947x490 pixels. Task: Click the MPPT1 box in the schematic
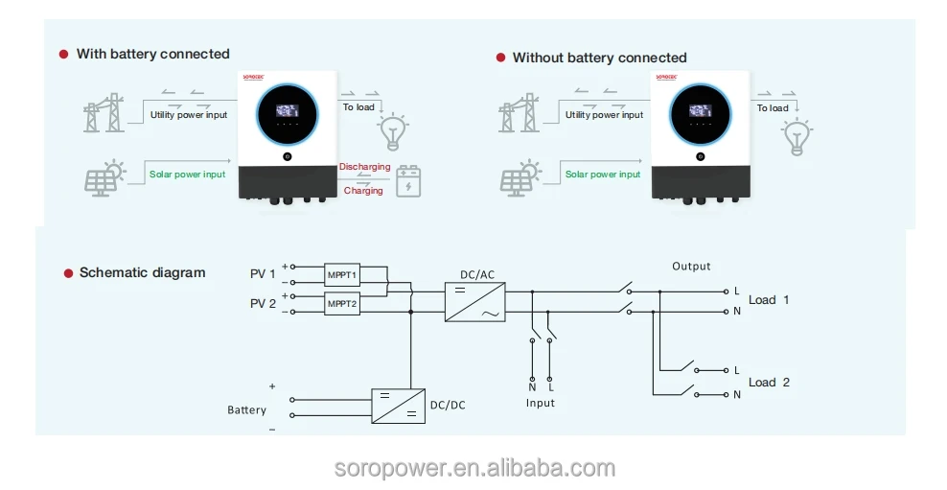(341, 275)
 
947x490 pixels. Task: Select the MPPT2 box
(341, 304)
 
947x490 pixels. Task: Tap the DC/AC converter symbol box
(474, 301)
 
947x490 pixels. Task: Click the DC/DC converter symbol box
(398, 405)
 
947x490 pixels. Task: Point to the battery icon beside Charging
(409, 181)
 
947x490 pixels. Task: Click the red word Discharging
(364, 167)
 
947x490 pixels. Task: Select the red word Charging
(363, 191)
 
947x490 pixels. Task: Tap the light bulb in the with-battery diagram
(392, 133)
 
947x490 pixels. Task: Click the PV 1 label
(263, 274)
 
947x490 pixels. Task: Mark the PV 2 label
(263, 304)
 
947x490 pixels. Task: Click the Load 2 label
(769, 382)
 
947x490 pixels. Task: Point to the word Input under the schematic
(541, 404)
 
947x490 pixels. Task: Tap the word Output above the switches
(691, 266)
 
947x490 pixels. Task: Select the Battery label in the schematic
(246, 409)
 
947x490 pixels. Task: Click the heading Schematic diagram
(142, 273)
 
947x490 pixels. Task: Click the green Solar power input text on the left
(187, 175)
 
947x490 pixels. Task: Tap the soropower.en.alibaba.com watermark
(474, 469)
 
